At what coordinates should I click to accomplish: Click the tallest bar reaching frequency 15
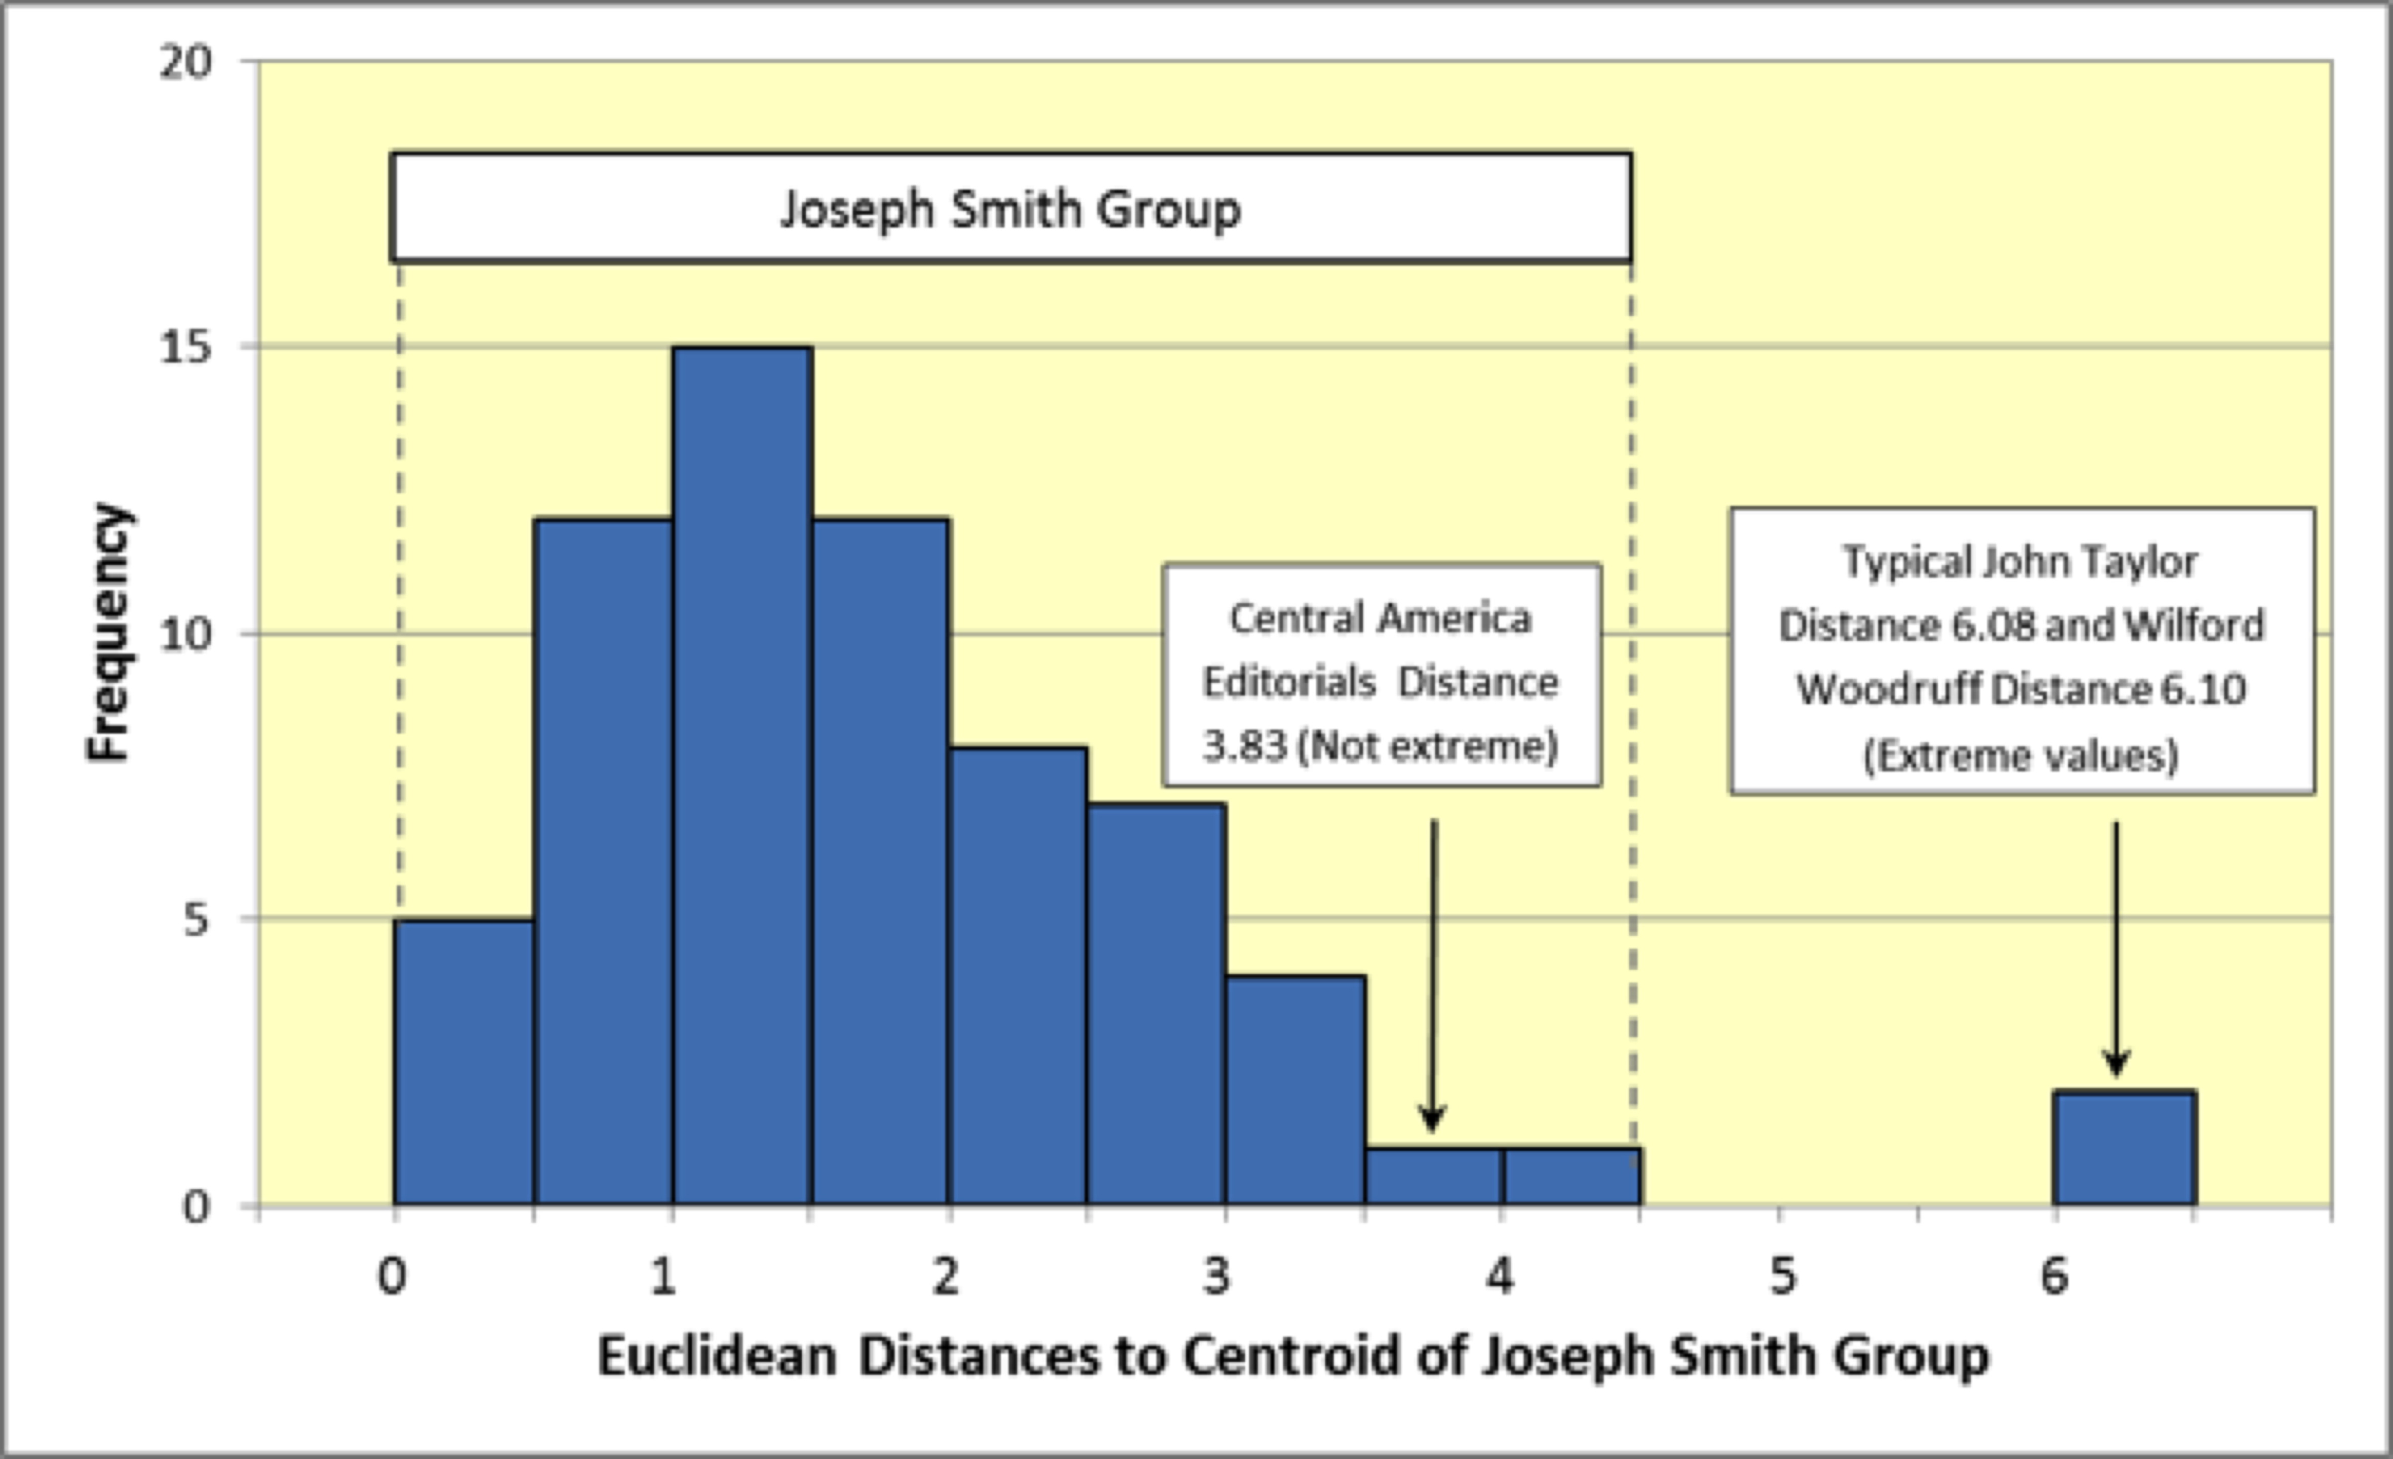742,777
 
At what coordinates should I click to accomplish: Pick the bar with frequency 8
1018,976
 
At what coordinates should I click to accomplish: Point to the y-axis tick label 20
184,63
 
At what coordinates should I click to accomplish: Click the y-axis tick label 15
184,347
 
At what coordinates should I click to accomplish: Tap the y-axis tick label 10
184,634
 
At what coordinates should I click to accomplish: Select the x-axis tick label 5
1782,1276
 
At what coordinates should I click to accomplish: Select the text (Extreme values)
2021,755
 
